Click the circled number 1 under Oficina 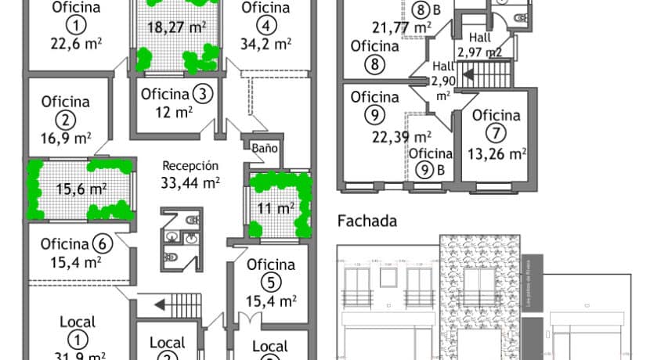coord(76,26)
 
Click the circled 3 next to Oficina coord(203,94)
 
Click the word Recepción coord(190,166)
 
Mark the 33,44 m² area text coord(190,184)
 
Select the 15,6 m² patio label coord(82,189)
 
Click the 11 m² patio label coord(276,208)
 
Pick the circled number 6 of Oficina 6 coord(107,243)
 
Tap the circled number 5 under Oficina coord(271,282)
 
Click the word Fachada coord(367,221)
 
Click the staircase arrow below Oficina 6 coord(163,304)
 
